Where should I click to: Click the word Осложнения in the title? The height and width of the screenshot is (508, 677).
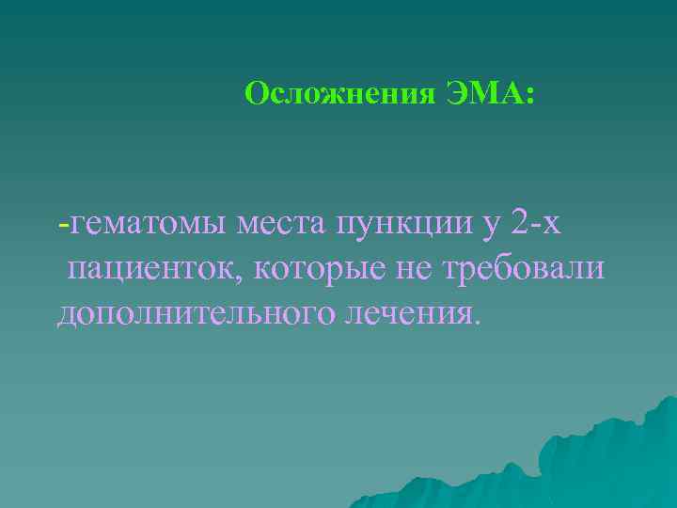pyautogui.click(x=338, y=94)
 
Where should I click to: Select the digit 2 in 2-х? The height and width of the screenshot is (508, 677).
pyautogui.click(x=521, y=224)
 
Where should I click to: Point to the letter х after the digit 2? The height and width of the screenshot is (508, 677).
pyautogui.click(x=551, y=228)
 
